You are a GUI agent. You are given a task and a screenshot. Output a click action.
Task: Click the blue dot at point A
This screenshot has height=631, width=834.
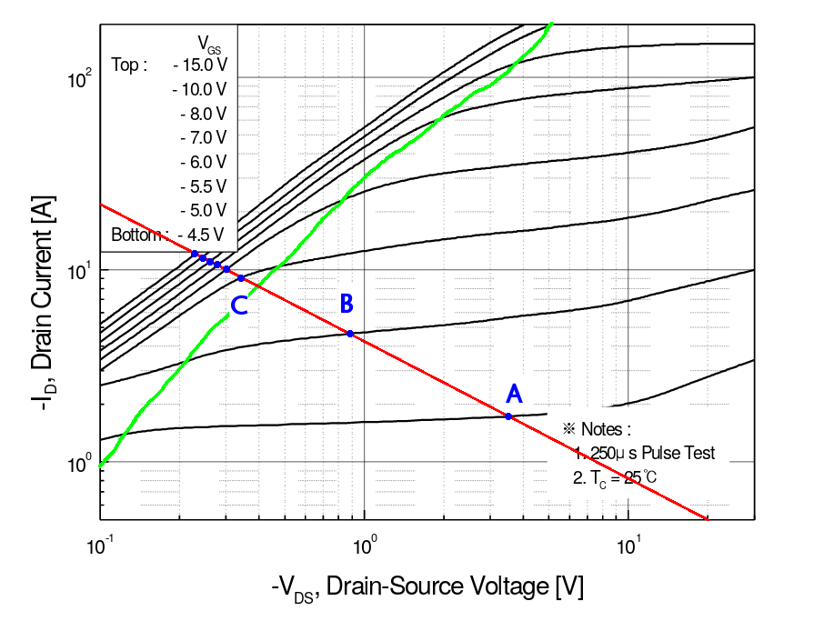coord(508,416)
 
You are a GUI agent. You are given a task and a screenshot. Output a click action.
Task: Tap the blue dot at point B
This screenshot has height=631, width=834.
coord(350,334)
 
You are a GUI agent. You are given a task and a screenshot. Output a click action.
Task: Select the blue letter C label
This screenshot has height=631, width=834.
coord(238,306)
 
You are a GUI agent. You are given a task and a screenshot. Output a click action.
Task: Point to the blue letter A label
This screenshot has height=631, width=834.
coord(514,393)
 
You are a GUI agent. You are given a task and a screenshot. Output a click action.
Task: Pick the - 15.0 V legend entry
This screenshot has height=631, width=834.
coord(199,65)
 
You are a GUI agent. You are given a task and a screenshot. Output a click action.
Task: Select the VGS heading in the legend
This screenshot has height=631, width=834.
coord(209,42)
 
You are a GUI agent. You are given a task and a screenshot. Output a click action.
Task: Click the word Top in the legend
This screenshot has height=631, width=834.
coord(128,65)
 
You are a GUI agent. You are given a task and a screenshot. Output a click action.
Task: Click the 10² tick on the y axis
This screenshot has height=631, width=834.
coord(80,79)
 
